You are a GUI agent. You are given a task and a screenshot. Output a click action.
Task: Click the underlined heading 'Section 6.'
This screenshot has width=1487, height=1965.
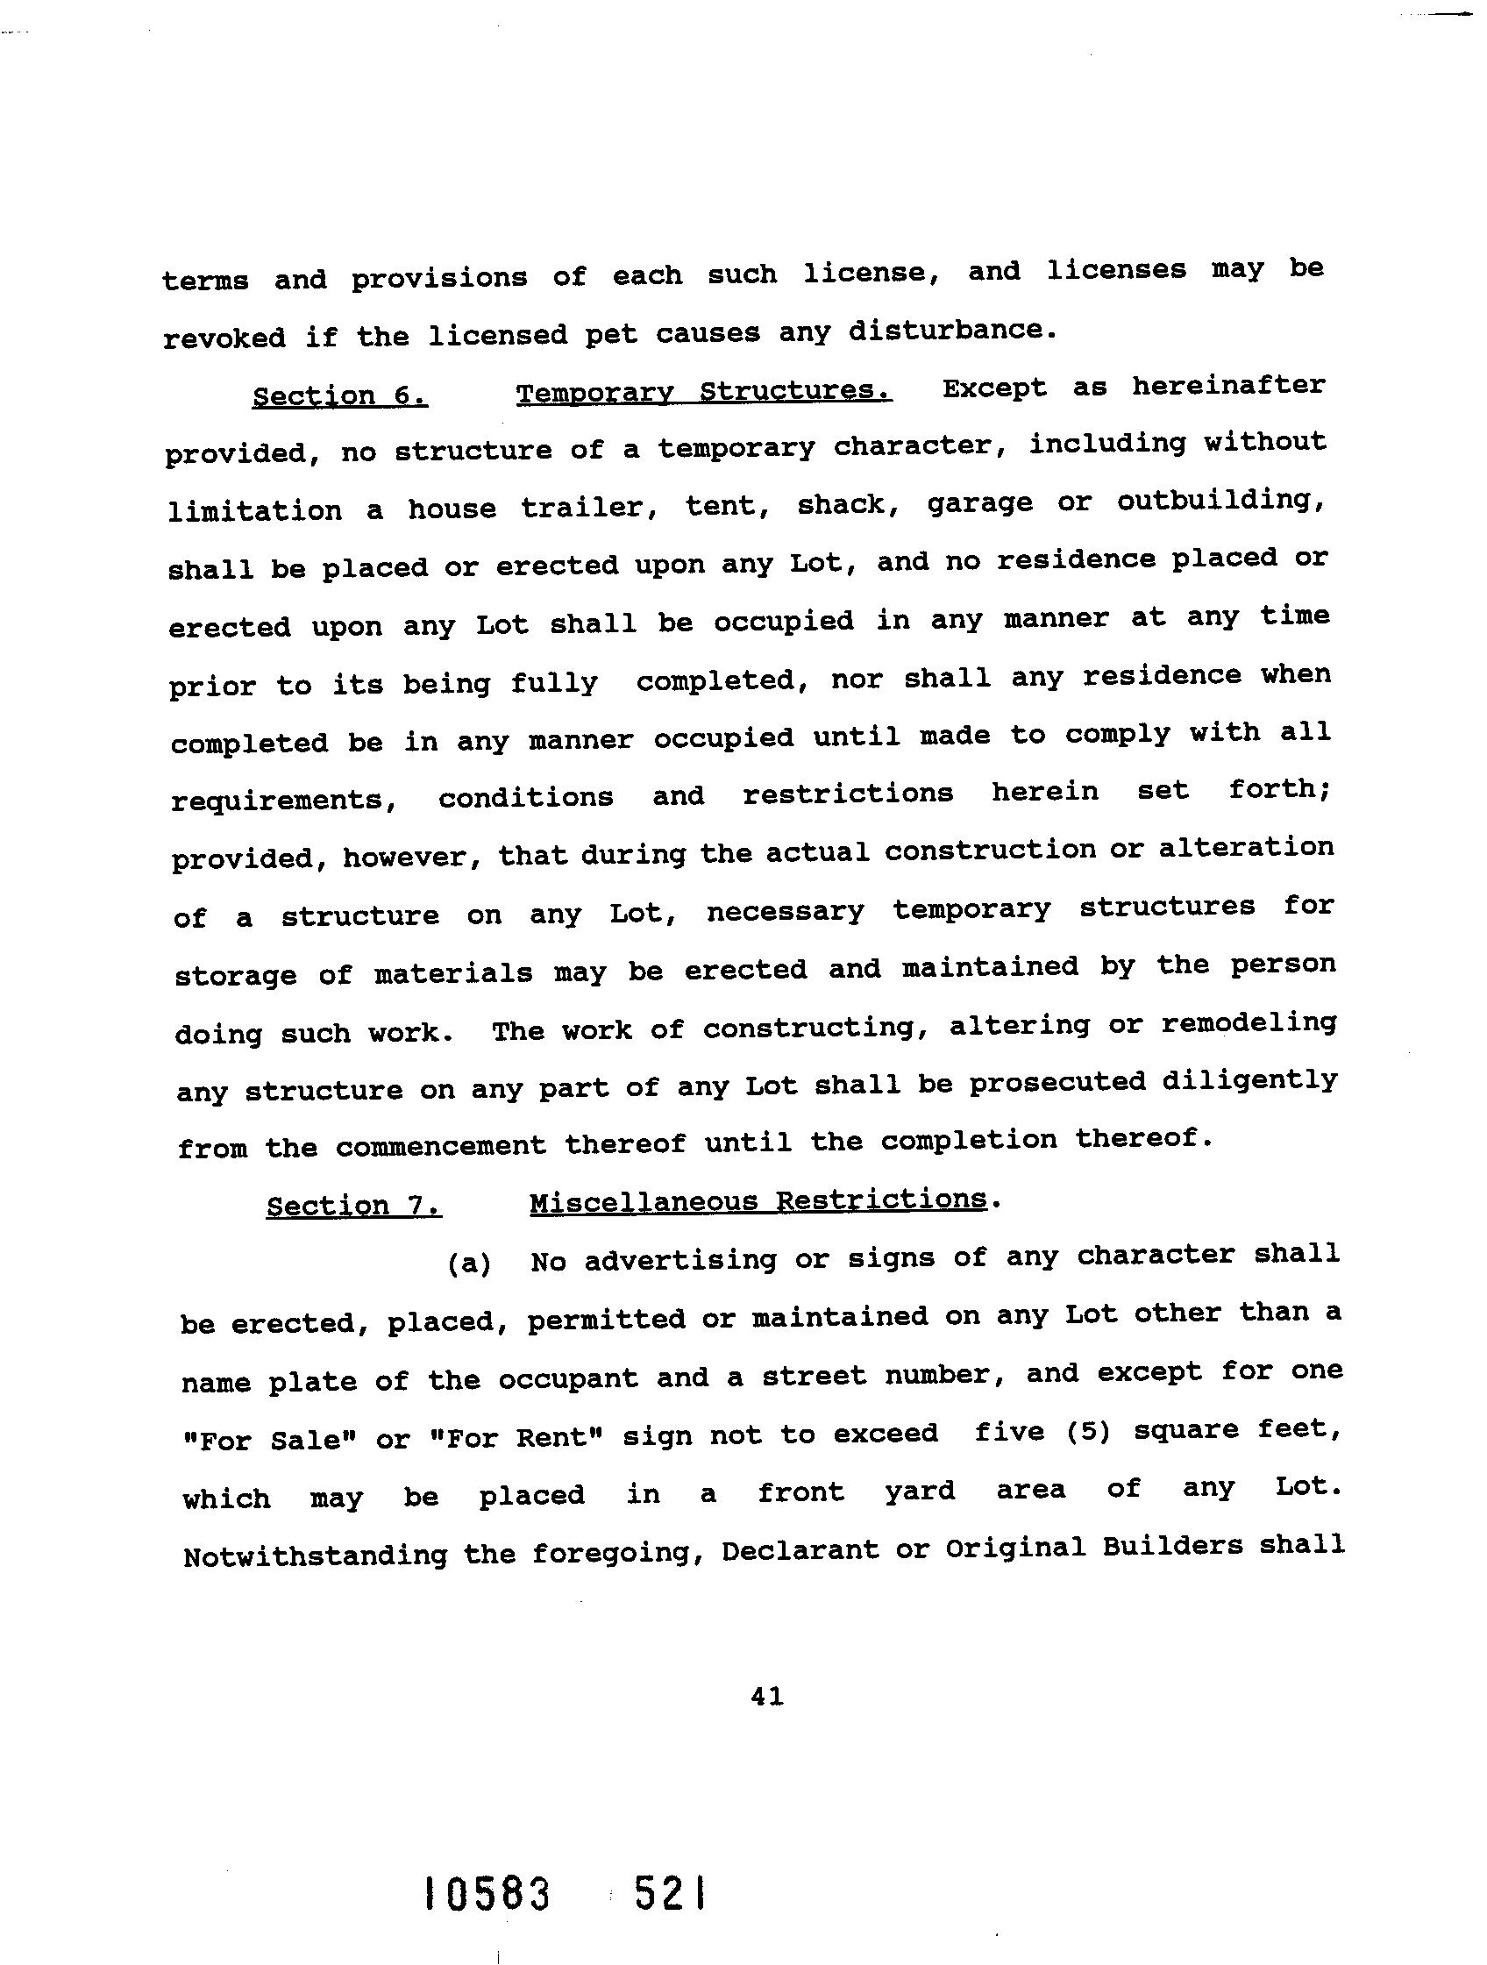coord(339,395)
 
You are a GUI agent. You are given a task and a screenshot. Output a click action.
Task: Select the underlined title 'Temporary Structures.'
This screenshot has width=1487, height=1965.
coord(703,391)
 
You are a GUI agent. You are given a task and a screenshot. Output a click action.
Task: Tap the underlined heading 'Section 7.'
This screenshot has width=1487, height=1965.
coord(353,1206)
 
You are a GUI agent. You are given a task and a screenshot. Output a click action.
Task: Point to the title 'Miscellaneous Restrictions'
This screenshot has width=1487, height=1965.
coord(758,1201)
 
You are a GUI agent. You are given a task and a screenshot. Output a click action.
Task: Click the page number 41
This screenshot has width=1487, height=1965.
coord(766,1697)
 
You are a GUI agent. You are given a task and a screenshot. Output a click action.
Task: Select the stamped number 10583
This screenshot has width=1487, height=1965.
coord(487,1894)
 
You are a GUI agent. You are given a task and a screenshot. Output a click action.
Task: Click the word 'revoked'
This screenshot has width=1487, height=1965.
coord(224,338)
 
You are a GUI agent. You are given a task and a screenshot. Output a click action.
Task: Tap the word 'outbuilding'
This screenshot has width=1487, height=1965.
coord(1220,501)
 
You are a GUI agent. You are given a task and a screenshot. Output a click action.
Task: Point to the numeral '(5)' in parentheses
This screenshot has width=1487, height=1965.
coord(1089,1433)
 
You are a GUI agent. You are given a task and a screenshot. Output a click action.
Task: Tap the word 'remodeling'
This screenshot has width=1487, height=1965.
coord(1248,1023)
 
